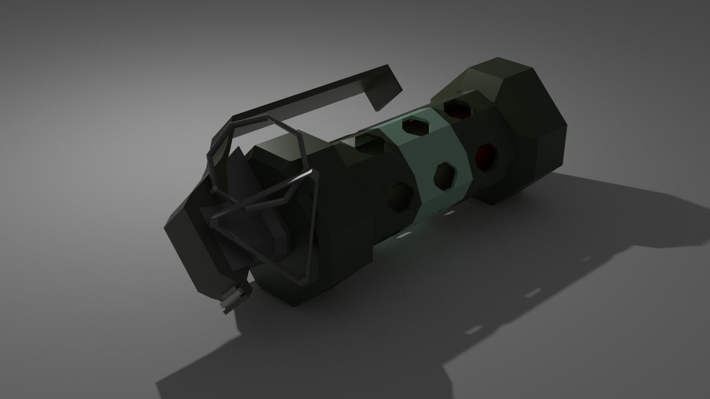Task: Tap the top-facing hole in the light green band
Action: [416, 127]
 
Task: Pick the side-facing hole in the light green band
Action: [445, 176]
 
